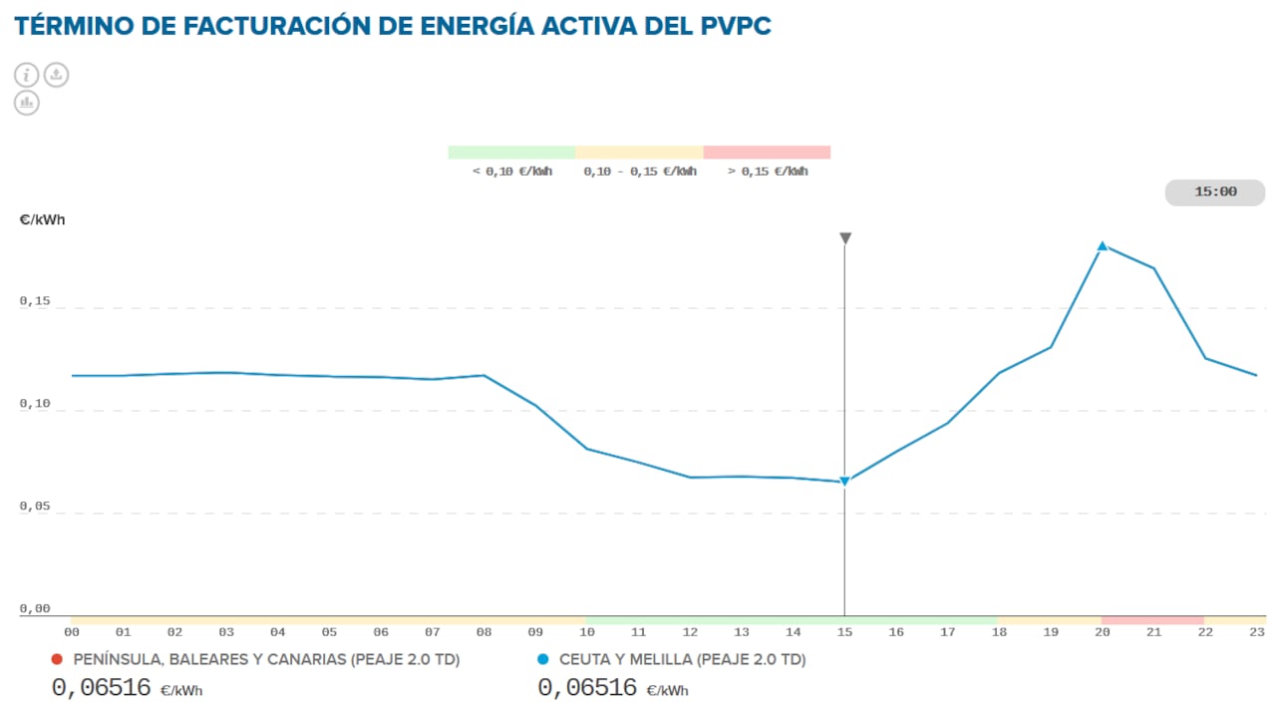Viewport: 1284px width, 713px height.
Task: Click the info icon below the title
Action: coord(27,75)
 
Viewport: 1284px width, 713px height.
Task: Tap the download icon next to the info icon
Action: coord(57,75)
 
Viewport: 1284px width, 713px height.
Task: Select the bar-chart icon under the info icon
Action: coord(27,102)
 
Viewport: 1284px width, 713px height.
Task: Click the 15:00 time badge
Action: coord(1214,192)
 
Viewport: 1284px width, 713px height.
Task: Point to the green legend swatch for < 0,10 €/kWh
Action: coord(511,153)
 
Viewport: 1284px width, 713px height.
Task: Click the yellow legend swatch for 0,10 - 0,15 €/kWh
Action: coord(639,153)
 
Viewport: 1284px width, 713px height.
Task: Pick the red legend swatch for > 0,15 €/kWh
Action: coord(767,153)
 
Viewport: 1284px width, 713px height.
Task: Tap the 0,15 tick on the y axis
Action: coord(34,301)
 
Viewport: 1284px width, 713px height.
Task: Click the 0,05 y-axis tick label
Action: coord(34,507)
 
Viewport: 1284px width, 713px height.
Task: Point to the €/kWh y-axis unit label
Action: coord(42,219)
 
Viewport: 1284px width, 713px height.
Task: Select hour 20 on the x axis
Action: coord(1103,632)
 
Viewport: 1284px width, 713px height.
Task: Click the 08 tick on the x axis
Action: coord(483,632)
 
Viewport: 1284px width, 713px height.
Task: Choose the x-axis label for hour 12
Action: coord(690,632)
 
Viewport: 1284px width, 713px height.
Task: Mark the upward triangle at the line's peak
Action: coord(1103,245)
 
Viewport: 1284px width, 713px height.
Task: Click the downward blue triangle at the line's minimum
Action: coord(844,482)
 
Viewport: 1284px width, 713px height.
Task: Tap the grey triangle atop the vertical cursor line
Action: coord(845,238)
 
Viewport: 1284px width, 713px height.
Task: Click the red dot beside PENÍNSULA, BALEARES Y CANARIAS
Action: coord(57,659)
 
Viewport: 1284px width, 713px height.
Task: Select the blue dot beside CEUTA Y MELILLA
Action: coord(543,659)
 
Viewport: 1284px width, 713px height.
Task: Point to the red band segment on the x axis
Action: coord(1152,620)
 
